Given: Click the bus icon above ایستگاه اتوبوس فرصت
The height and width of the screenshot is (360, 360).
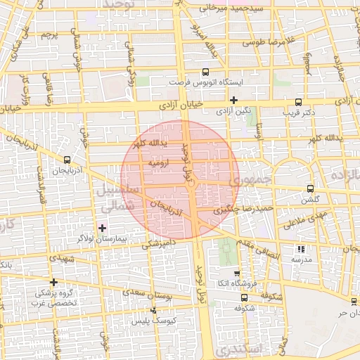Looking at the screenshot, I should coord(205,72).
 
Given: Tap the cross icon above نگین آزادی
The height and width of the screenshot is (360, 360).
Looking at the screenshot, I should coord(234,100).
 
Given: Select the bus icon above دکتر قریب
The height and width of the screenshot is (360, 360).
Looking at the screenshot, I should coord(299,101).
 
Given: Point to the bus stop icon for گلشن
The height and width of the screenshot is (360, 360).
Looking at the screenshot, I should coord(310,188).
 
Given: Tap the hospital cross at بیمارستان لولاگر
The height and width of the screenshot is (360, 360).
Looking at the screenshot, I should coord(103,228).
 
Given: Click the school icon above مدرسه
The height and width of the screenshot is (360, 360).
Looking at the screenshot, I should coord(301,249).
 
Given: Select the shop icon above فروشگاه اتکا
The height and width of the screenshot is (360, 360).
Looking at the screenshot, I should coord(237,274).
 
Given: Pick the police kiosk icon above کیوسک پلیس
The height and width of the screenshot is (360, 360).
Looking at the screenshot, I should coord(154,310).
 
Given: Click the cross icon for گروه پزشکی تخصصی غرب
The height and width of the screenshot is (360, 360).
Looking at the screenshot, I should coord(53,282).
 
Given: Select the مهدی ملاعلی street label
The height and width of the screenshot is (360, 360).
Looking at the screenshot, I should coord(302,220).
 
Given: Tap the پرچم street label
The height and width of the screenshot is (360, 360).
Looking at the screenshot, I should coord(48,34).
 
